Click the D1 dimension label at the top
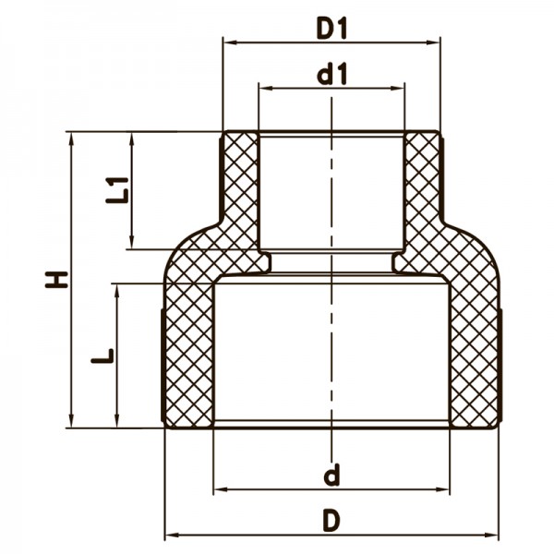pyautogui.click(x=331, y=29)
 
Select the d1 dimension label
pyautogui.click(x=331, y=75)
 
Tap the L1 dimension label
pyautogui.click(x=115, y=188)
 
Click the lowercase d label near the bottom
pyautogui.click(x=331, y=476)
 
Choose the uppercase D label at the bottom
pyautogui.click(x=331, y=522)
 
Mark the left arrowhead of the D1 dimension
pyautogui.click(x=229, y=42)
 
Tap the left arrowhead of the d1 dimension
pyautogui.click(x=265, y=89)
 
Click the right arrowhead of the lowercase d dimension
pyautogui.click(x=444, y=489)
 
